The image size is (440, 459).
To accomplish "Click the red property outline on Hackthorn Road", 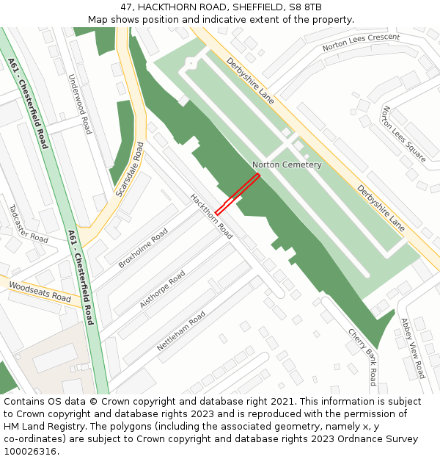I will click(237, 195).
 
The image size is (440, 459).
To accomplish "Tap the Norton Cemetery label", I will click(287, 165).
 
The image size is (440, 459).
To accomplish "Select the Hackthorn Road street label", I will click(211, 216).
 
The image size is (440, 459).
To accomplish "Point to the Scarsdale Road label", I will click(130, 170).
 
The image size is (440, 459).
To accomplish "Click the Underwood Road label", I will click(79, 104).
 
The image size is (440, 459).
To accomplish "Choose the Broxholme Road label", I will click(143, 247).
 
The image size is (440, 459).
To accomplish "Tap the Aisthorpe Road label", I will click(162, 289).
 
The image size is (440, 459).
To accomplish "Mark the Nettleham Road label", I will click(180, 331).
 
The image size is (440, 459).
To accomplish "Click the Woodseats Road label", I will click(40, 292).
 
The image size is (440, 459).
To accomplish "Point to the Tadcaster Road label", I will click(29, 224).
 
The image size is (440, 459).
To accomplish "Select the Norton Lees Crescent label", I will click(362, 43).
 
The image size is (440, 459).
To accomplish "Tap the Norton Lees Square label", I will click(403, 134).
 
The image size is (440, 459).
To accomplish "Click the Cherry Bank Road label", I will click(362, 356).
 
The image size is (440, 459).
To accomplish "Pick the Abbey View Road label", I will click(412, 348).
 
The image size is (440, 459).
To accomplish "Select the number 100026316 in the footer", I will click(30, 451).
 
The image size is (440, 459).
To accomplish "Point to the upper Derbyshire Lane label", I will click(250, 81).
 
